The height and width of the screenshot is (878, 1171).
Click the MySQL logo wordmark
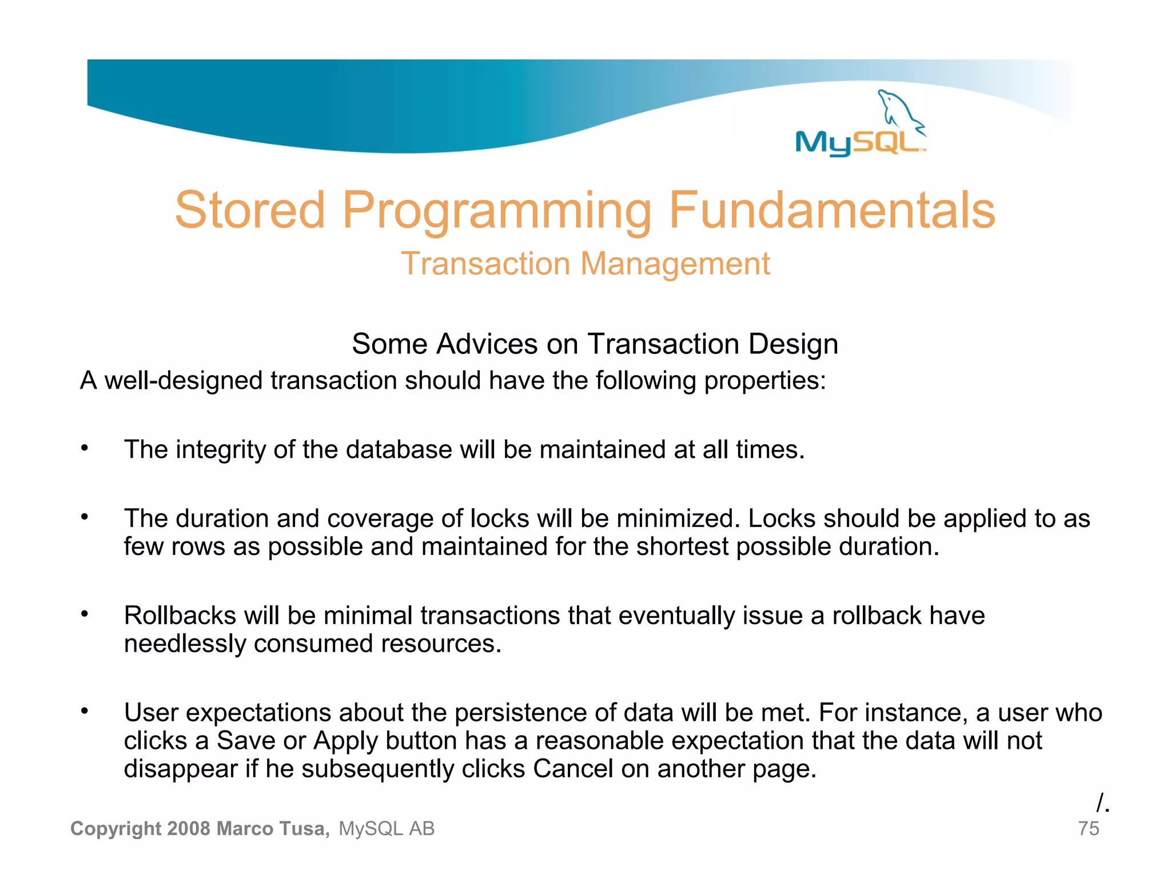tap(858, 142)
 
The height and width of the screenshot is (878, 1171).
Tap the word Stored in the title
tap(250, 210)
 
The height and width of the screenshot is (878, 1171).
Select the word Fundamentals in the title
tap(832, 210)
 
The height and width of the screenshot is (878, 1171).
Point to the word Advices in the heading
tap(487, 344)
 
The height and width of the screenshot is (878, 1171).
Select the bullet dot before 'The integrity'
tap(85, 448)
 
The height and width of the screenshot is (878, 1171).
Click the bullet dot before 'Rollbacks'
tap(85, 614)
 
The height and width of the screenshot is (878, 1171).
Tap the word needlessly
tap(185, 644)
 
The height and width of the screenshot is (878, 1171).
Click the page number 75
tap(1088, 829)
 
